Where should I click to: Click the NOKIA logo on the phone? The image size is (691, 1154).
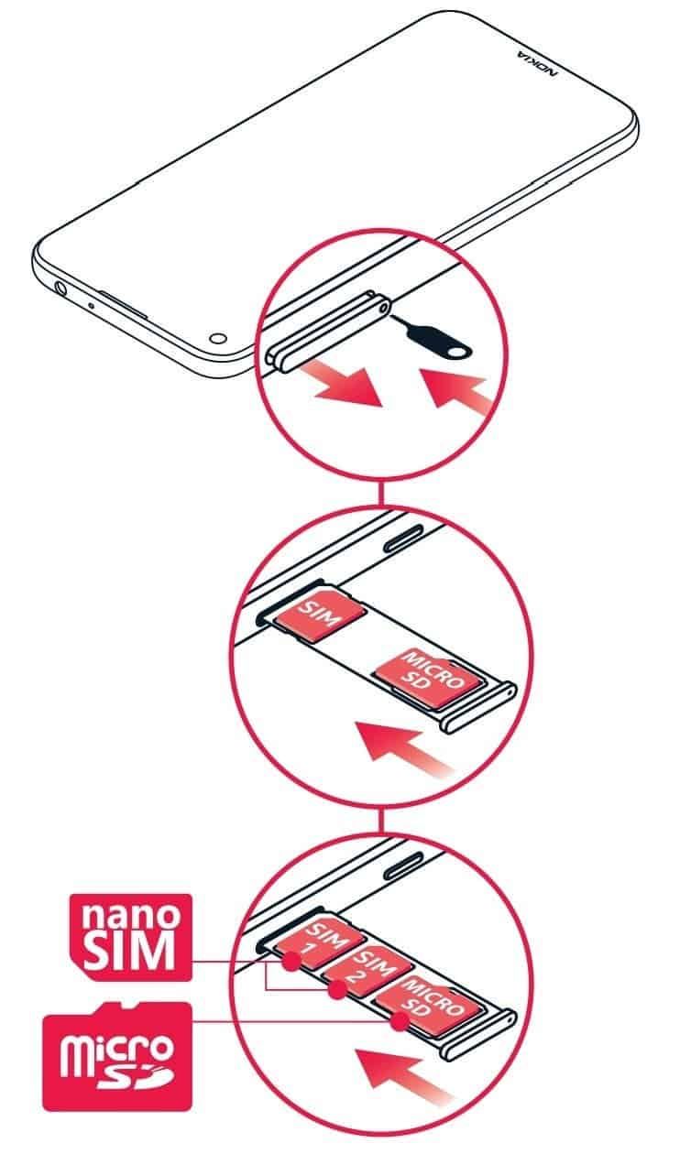click(537, 63)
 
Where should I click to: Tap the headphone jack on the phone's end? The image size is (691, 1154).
click(60, 287)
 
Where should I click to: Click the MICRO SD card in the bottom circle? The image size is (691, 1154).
click(430, 1004)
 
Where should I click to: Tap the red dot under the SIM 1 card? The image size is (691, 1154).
click(291, 960)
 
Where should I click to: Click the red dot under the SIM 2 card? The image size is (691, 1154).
click(338, 989)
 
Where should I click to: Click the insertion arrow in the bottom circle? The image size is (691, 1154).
click(405, 1075)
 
